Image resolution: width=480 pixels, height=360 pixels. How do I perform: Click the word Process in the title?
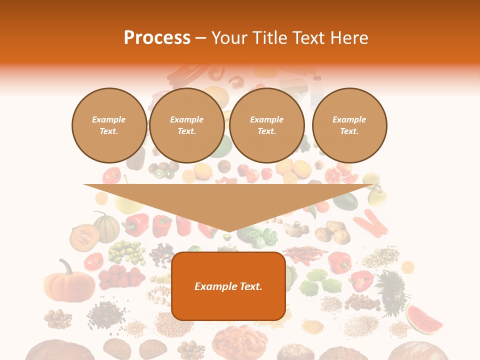157,38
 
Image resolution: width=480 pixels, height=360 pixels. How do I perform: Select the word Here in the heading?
348,38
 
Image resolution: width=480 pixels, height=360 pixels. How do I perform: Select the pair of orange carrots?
371,223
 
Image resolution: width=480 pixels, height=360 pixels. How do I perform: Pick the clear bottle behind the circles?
316,93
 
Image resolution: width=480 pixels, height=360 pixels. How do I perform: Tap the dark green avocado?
345,201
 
